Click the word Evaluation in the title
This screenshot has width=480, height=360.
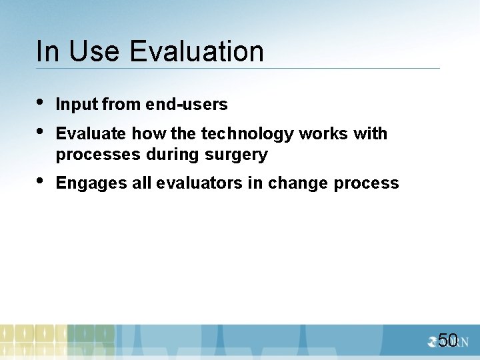click(x=197, y=51)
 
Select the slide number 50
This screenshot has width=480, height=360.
click(x=448, y=340)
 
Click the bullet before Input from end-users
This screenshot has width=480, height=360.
click(x=41, y=103)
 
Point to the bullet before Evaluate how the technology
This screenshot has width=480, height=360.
click(x=41, y=132)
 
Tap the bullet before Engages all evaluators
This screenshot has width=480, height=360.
click(x=41, y=181)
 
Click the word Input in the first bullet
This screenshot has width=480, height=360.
click(x=77, y=105)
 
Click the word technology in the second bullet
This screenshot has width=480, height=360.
click(x=247, y=134)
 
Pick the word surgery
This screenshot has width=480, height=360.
click(x=237, y=155)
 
